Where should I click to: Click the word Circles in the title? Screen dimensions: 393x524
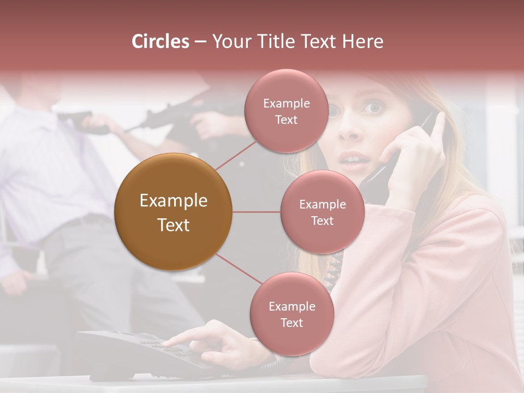point(160,41)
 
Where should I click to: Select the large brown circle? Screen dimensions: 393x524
point(173,212)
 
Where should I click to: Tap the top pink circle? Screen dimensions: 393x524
point(286,111)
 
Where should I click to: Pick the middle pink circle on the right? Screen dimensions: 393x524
point(322,212)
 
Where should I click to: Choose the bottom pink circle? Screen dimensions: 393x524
point(291,314)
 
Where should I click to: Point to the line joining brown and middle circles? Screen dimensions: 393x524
point(256,212)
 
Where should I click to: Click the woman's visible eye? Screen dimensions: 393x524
point(374,108)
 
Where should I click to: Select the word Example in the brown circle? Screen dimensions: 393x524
point(173,201)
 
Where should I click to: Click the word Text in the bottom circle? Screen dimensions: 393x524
point(291,323)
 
